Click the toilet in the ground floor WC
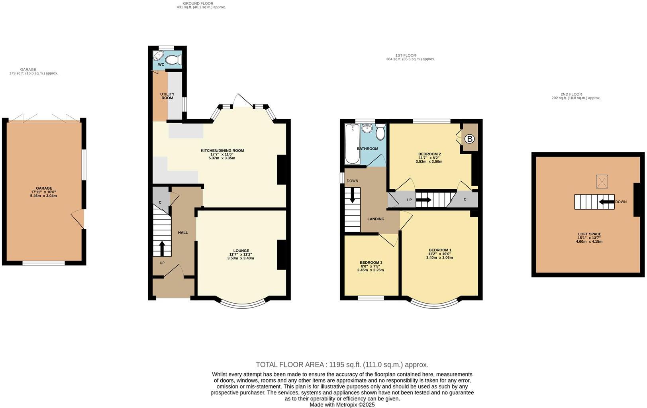click(x=173, y=60)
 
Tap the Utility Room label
click(x=167, y=96)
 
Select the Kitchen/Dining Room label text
click(x=222, y=151)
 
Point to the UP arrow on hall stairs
click(x=162, y=248)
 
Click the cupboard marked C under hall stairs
click(x=160, y=202)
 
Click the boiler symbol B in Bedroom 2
click(x=470, y=139)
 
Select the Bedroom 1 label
click(x=440, y=250)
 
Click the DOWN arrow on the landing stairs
click(x=352, y=195)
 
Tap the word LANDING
click(x=376, y=219)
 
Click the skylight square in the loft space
click(x=602, y=182)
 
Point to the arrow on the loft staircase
click(x=607, y=202)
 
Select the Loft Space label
click(x=590, y=234)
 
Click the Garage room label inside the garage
click(x=44, y=188)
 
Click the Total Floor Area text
click(x=342, y=365)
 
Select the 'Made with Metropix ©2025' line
click(x=342, y=404)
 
